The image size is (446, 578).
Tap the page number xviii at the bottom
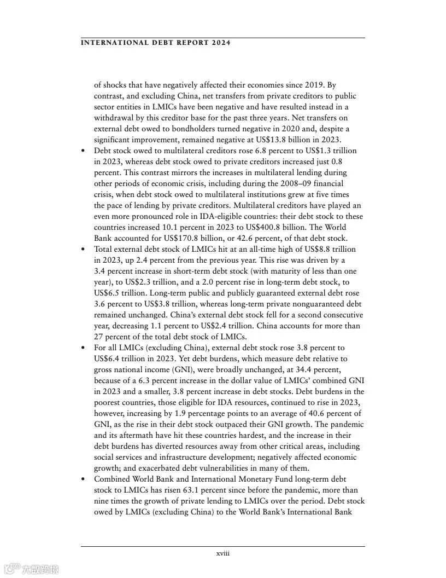(223, 553)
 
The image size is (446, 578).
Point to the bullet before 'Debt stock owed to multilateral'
(83, 151)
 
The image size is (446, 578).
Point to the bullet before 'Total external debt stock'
(83, 249)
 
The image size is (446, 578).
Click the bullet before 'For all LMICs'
(83, 348)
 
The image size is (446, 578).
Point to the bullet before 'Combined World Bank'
(83, 479)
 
